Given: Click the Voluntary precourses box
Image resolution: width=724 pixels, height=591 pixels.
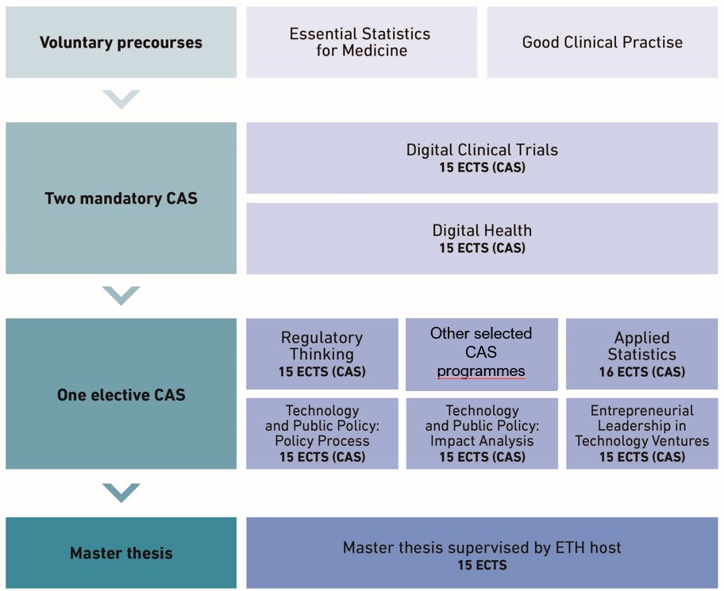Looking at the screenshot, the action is [121, 42].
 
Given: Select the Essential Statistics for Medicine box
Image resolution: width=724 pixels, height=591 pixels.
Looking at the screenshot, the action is [361, 42].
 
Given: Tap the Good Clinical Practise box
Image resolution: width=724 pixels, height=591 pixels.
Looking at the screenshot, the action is [603, 42].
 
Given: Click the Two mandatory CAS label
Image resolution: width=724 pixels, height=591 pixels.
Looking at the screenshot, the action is [121, 198].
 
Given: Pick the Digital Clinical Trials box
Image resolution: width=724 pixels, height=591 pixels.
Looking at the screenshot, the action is [482, 158].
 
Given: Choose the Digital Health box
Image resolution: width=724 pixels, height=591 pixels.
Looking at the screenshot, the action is [482, 239].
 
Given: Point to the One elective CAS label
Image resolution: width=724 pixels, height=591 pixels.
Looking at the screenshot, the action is [121, 395].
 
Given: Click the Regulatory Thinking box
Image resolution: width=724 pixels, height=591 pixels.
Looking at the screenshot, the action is [322, 354].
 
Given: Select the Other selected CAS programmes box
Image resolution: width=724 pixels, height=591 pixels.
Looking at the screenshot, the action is [482, 355].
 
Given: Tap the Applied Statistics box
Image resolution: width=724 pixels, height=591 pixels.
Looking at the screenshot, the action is [642, 354].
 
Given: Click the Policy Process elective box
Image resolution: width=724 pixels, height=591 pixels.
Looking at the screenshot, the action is [322, 434].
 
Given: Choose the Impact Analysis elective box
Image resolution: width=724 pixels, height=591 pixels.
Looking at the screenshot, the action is [482, 434].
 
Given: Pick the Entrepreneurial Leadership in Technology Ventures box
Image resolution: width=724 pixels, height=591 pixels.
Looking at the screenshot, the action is [642, 434].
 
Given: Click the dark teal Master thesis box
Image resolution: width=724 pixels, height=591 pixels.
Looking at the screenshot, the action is [121, 553].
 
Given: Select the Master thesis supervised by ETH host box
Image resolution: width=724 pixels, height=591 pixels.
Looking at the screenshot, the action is [482, 553].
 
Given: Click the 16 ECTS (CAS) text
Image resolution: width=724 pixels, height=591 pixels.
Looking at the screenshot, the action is [642, 372].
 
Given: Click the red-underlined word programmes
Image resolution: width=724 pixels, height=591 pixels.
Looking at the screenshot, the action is [481, 371].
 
